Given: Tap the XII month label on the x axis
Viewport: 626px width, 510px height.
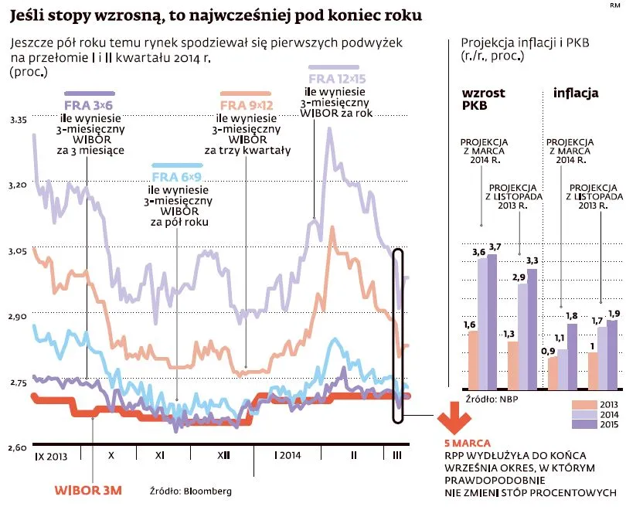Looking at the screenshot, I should [223, 456].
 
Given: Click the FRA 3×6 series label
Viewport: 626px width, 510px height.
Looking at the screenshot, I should [88, 105].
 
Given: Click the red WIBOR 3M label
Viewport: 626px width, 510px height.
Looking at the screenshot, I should [88, 490].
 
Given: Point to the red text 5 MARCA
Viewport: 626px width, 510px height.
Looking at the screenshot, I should [467, 444].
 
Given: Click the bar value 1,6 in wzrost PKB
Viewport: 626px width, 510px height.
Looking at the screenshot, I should [469, 325].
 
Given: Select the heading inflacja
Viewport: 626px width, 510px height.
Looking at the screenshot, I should [576, 93].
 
